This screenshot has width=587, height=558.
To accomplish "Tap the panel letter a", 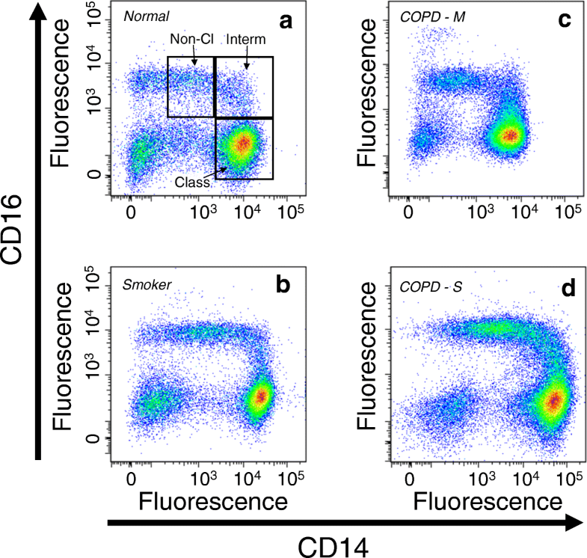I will (x=285, y=23).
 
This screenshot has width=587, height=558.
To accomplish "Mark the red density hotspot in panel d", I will (x=553, y=400).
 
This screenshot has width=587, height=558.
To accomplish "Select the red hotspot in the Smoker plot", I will (x=260, y=396).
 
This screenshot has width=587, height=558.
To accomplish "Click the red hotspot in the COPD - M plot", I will (x=510, y=135).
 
